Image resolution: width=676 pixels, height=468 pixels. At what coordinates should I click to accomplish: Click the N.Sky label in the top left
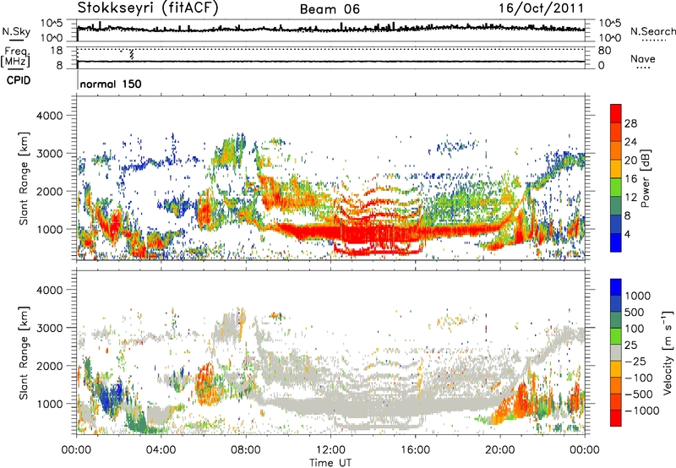(x=13, y=30)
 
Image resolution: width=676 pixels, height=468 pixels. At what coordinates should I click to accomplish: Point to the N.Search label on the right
(x=648, y=30)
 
